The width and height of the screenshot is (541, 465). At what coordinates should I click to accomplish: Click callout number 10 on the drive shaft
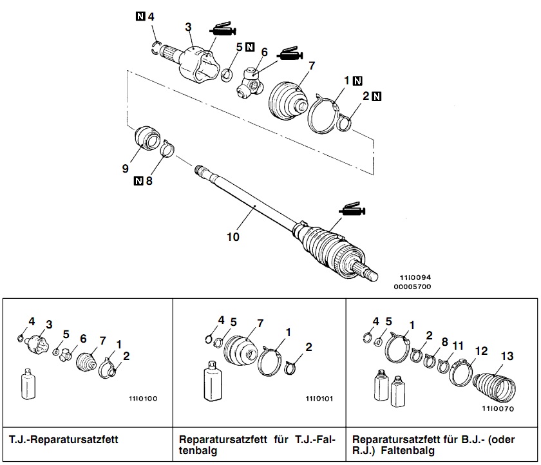(x=233, y=236)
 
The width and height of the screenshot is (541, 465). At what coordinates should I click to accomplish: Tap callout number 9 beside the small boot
(x=126, y=169)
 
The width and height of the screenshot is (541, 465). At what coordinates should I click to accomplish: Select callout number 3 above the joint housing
(x=188, y=26)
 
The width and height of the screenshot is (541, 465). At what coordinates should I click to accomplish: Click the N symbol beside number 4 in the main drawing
(x=140, y=15)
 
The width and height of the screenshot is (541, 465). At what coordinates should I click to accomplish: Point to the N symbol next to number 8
(x=138, y=182)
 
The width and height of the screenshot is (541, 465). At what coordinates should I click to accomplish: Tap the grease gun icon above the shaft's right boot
(x=352, y=209)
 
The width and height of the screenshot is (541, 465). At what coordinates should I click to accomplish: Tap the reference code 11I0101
(x=319, y=398)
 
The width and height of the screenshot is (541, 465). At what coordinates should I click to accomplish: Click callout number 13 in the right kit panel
(x=508, y=355)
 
